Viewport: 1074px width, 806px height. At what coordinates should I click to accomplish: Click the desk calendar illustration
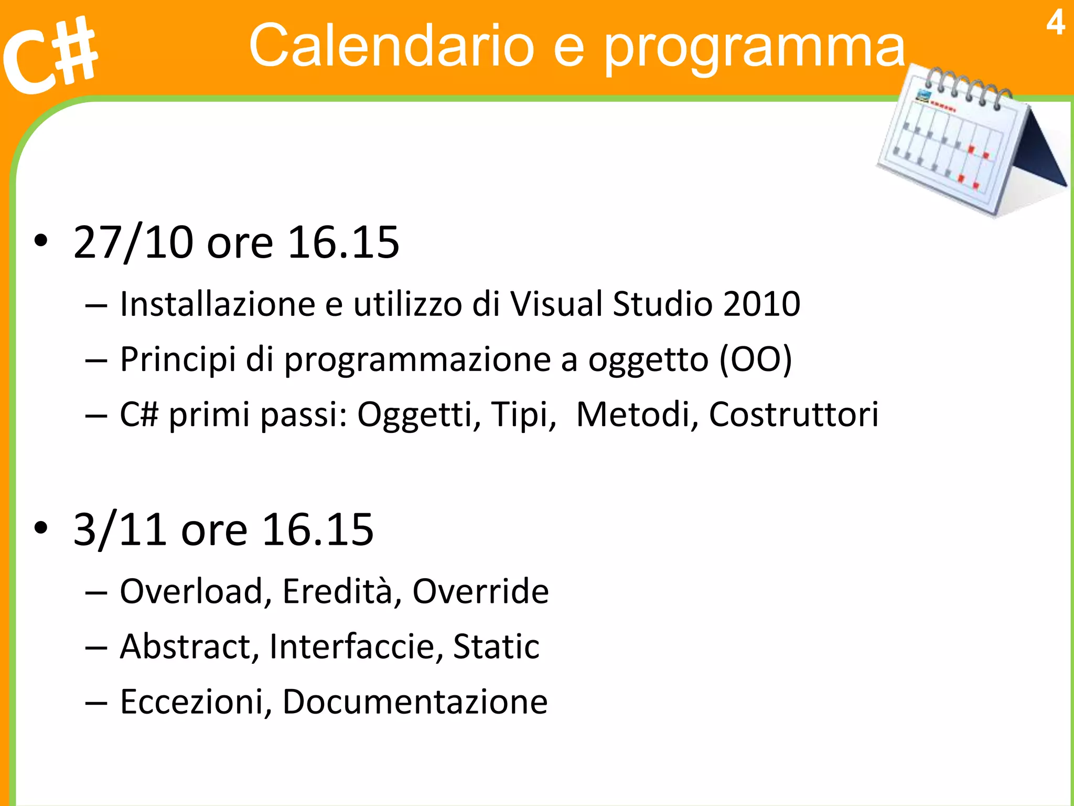click(970, 142)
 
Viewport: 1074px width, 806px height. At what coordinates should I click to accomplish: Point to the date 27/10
click(133, 242)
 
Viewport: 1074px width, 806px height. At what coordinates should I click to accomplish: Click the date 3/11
click(120, 529)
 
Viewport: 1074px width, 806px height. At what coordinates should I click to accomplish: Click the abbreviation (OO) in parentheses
click(755, 360)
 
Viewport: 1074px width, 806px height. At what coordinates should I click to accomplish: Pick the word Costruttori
click(793, 415)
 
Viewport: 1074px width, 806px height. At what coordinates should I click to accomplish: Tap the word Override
click(480, 592)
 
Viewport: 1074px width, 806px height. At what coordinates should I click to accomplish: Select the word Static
click(496, 646)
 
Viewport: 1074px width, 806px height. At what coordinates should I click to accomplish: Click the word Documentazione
click(415, 702)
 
